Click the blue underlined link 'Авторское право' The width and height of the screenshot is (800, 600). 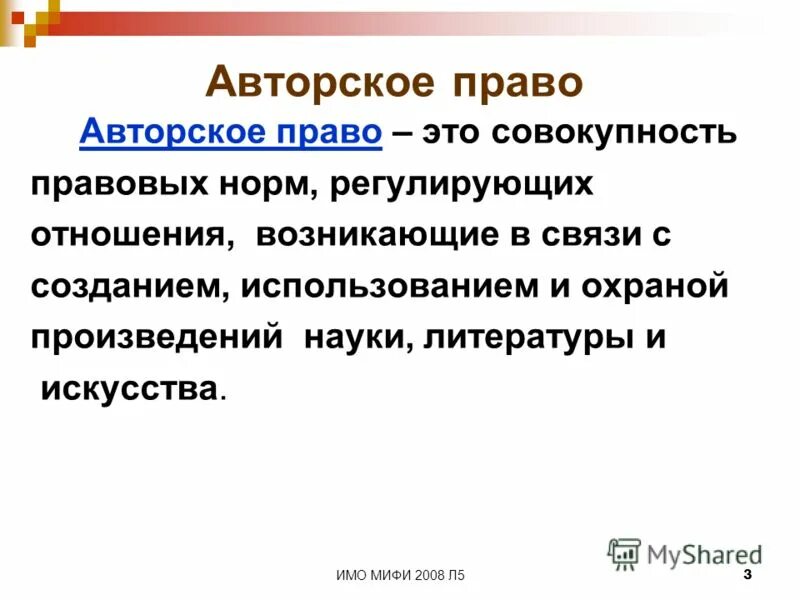[x=231, y=134]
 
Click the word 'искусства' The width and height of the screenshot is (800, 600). [x=128, y=388]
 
